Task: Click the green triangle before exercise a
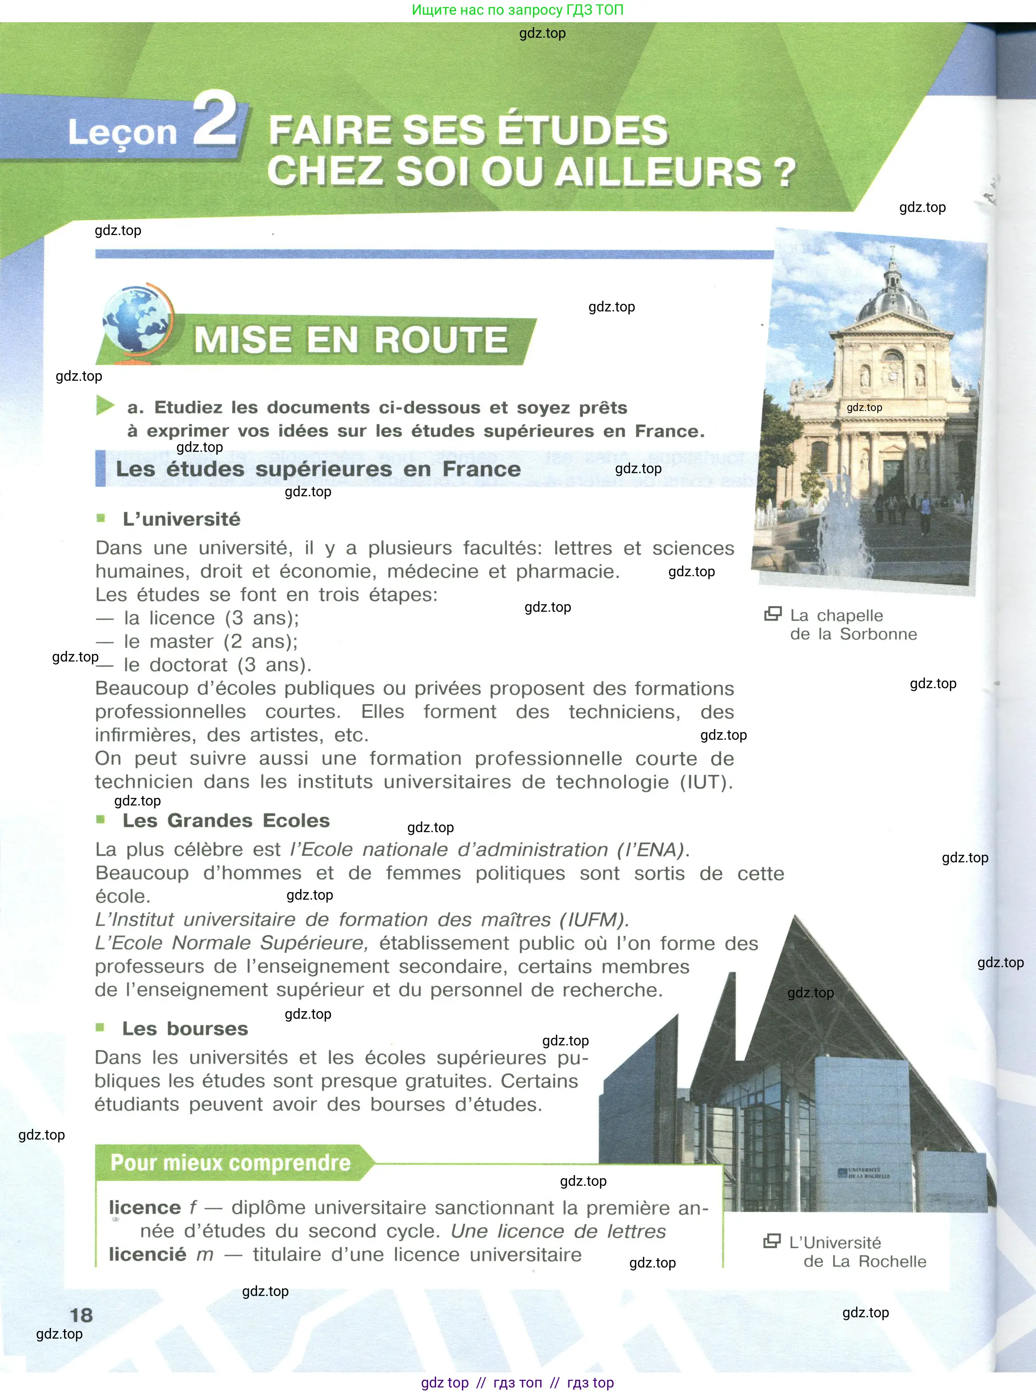pos(105,405)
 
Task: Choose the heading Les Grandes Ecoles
pos(226,821)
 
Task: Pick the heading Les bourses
pos(185,1028)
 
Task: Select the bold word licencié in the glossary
pos(147,1255)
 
